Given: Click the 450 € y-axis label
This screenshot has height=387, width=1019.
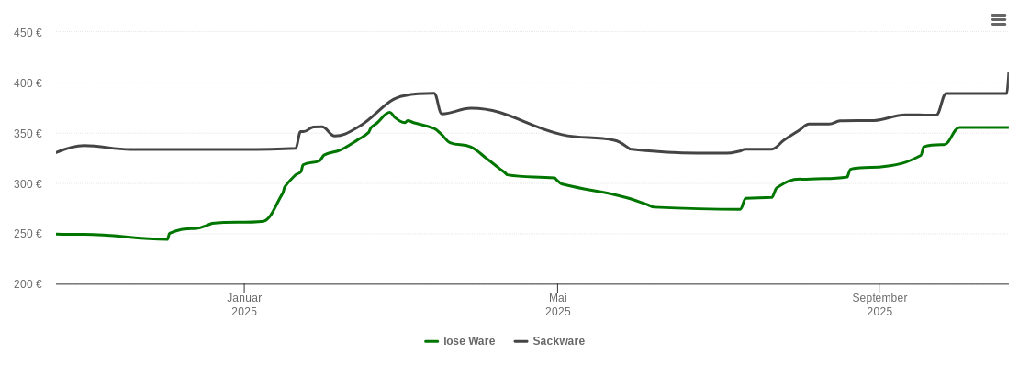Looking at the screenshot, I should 28,33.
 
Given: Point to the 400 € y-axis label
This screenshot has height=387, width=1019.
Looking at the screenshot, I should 28,83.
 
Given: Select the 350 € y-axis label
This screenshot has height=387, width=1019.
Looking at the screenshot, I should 28,134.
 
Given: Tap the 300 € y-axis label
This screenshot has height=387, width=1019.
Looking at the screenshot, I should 28,184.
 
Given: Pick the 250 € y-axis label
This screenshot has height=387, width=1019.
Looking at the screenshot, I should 28,234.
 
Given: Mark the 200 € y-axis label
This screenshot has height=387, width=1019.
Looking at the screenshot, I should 28,284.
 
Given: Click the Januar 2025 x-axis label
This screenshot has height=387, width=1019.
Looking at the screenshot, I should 244,304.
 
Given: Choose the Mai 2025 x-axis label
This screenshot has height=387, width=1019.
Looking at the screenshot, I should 558,304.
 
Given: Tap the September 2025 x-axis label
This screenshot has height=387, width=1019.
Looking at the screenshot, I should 879,304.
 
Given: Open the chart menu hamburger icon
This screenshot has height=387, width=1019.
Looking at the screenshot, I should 999,19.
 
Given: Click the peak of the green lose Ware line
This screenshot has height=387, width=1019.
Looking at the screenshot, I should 390,113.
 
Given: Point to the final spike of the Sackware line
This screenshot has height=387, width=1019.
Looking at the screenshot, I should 1008,73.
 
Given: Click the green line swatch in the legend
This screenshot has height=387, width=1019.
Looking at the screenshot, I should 431,341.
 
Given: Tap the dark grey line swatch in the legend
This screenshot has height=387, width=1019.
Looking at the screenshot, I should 521,341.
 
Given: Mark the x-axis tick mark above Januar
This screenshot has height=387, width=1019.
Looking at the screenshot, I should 244,288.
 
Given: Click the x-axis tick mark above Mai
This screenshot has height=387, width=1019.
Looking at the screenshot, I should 558,288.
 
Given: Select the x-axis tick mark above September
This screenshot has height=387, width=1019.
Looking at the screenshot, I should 879,288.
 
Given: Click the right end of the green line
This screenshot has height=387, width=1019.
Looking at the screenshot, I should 1008,127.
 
